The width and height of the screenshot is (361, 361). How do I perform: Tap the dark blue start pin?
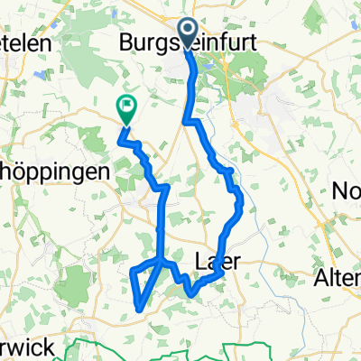(x=189, y=32)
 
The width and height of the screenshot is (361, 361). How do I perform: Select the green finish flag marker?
(x=125, y=109)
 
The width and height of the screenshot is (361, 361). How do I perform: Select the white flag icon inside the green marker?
(x=125, y=106)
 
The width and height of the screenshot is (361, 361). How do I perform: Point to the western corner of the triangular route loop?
(x=132, y=271)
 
